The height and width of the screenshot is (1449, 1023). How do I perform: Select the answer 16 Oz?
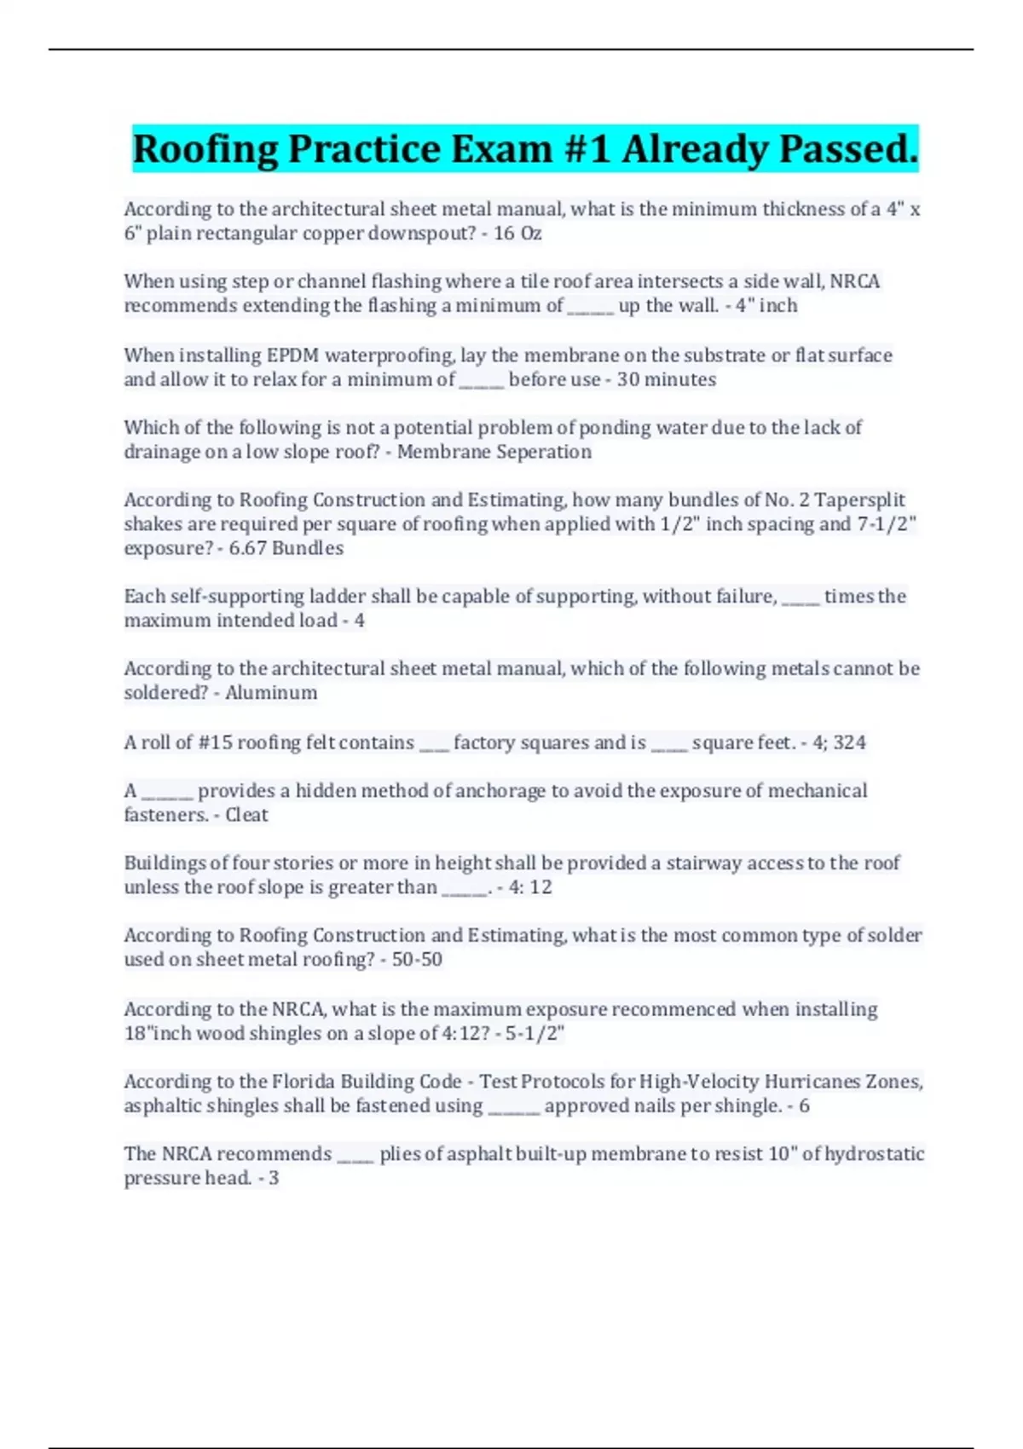517,234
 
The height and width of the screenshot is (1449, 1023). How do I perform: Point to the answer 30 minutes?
666,379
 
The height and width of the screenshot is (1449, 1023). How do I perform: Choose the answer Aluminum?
271,693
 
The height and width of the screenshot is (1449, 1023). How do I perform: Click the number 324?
850,742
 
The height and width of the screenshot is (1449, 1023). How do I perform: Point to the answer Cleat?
246,815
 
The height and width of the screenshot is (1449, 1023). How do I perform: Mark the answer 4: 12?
529,887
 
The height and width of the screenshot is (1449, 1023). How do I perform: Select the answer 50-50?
417,960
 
